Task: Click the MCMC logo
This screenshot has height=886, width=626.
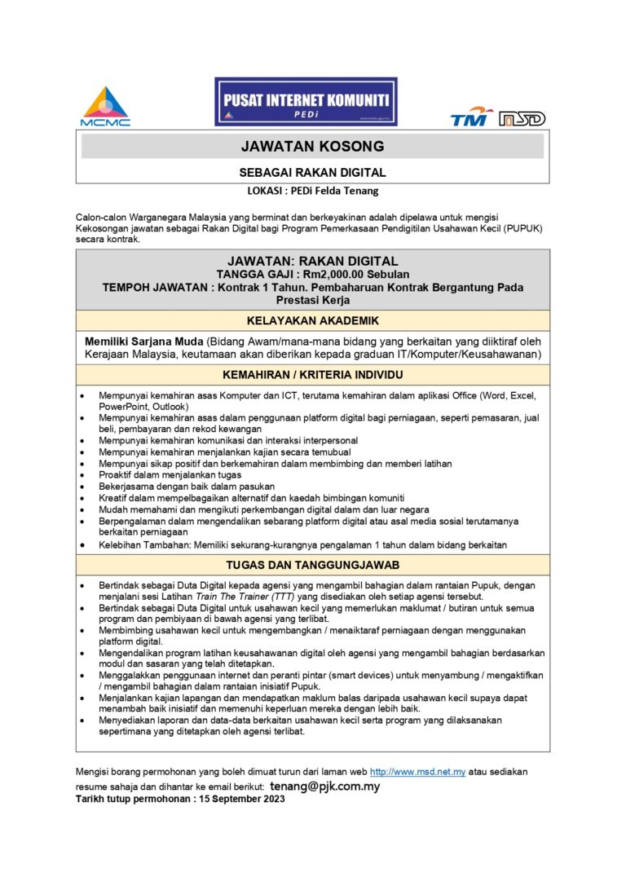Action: pos(105,106)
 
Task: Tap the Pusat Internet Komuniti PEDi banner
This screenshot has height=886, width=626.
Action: pos(306,102)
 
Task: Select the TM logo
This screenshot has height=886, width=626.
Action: pos(472,117)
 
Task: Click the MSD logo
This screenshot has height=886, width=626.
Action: pos(522,119)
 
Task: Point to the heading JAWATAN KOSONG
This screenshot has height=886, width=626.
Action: pos(312,147)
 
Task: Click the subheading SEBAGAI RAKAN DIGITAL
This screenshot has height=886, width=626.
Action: pos(312,173)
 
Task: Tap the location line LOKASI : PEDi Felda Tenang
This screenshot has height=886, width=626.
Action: pos(313,192)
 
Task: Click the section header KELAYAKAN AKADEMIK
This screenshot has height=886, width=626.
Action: pos(312,320)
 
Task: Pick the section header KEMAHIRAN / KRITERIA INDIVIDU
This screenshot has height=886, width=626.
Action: pos(312,375)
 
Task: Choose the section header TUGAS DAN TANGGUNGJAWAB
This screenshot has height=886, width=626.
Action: pos(312,565)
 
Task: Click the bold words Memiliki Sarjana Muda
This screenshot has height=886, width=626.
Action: pos(144,341)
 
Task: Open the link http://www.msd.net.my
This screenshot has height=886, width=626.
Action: pos(417,771)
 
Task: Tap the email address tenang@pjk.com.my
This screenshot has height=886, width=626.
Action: pos(324,787)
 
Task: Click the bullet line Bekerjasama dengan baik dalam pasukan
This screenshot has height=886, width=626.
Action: pos(175,486)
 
